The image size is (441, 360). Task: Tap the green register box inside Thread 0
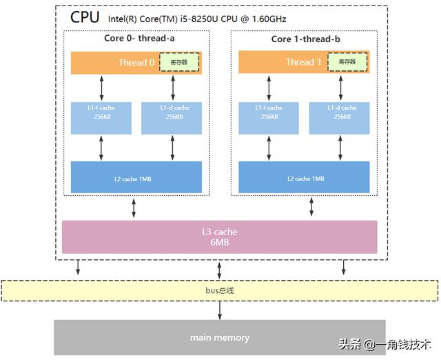tap(178, 62)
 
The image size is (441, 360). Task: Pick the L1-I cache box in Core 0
tap(101, 118)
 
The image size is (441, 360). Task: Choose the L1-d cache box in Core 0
tap(172, 118)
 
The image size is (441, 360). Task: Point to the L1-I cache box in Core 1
tap(269, 118)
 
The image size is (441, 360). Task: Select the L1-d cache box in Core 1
tap(339, 118)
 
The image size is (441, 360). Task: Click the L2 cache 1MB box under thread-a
tap(136, 177)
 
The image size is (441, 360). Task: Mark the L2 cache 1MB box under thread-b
tap(304, 177)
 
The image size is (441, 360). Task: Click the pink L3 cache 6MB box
tap(220, 237)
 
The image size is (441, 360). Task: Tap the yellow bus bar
tap(220, 290)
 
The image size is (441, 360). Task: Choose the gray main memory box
tap(220, 338)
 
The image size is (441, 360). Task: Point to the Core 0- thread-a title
tap(139, 39)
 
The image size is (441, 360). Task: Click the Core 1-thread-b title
tap(306, 39)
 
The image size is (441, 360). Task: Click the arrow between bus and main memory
tap(220, 310)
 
